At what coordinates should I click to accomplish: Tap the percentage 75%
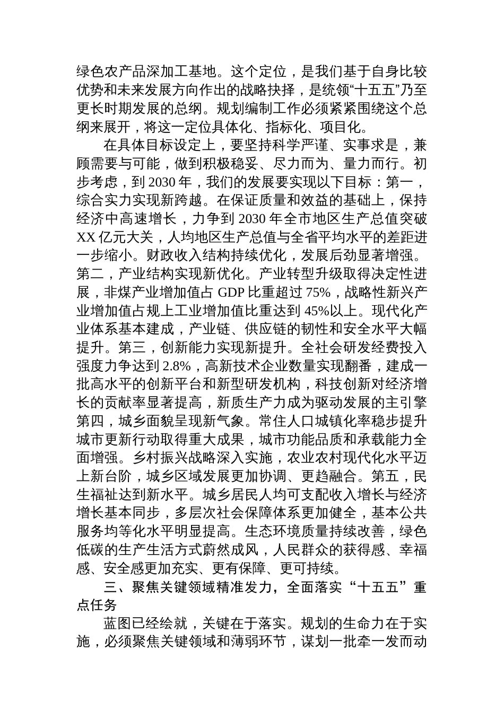coord(318,292)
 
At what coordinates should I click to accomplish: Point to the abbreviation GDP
coord(235,292)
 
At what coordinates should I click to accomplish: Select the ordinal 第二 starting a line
coord(90,274)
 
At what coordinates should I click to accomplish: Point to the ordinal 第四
coord(90,421)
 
